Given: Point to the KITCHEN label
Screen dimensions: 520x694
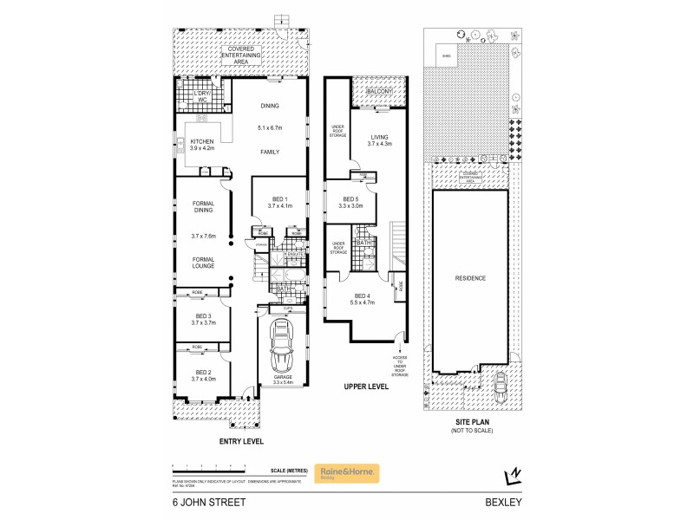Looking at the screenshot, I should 202,140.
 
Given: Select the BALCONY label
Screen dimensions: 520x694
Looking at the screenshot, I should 380,91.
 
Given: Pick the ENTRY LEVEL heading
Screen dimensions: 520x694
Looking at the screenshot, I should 242,440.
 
